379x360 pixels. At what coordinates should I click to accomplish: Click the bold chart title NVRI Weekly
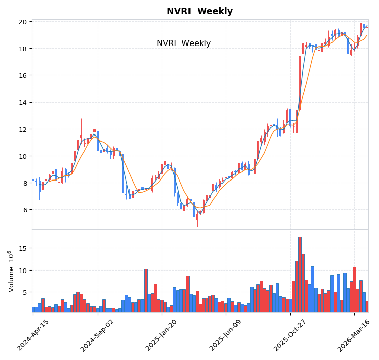pos(200,12)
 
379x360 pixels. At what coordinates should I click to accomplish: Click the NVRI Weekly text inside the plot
pos(183,43)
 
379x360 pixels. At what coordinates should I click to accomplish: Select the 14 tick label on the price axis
pos(23,102)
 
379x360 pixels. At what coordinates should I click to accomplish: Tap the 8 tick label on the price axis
pos(25,183)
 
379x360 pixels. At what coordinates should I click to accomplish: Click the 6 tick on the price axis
pos(25,210)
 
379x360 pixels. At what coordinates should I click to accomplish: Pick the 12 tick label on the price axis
pos(23,129)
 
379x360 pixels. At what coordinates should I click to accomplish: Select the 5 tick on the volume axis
pos(25,292)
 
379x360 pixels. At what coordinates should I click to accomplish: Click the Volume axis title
pos(11,271)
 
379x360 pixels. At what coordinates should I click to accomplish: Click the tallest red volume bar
pos(300,275)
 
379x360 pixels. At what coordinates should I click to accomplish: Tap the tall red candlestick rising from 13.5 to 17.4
pos(300,83)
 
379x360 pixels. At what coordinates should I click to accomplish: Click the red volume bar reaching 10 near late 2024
pos(146,291)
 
